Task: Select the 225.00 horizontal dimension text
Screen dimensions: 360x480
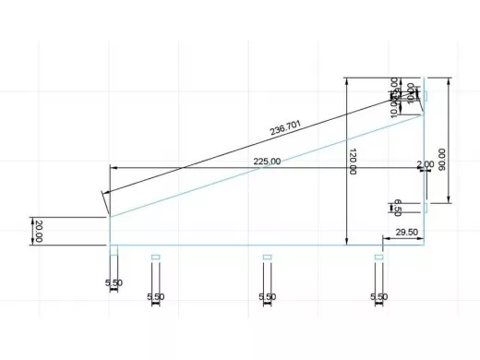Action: (267, 162)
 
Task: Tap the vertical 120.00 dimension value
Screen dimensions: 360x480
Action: (352, 162)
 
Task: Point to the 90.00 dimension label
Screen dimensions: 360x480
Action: (442, 159)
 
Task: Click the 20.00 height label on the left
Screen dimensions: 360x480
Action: (39, 231)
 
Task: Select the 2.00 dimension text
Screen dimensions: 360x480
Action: (425, 164)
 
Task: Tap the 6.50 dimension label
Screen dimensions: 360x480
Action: (398, 206)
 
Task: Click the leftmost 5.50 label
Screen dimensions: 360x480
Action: (114, 281)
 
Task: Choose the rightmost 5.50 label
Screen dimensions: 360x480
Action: (378, 296)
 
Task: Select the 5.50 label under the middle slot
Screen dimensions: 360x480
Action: (267, 296)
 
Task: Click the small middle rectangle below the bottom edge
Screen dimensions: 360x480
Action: (267, 257)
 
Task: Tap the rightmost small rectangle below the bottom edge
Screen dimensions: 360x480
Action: (378, 257)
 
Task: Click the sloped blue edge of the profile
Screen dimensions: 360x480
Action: (268, 165)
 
